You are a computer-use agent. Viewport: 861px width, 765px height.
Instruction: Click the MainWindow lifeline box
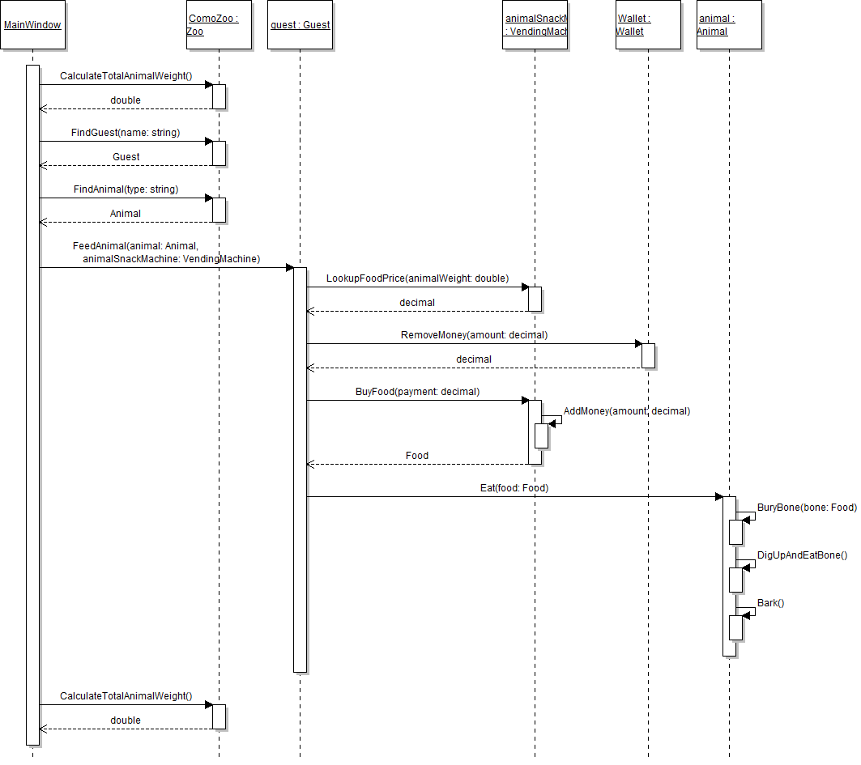32,25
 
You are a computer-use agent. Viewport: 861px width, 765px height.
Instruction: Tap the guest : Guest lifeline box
300,25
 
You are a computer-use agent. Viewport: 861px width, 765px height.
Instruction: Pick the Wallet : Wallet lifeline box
648,25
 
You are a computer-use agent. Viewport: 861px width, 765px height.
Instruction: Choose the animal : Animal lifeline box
729,25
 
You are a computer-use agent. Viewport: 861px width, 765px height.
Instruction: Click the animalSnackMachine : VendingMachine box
535,25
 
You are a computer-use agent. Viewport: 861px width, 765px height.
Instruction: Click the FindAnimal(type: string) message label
126,189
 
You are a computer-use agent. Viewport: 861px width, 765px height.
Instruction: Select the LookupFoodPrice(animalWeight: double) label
417,278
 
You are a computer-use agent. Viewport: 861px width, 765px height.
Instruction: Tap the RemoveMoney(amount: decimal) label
474,335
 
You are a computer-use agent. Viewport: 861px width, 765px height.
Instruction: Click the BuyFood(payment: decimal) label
417,392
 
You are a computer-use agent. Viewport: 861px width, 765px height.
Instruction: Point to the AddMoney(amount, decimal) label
626,411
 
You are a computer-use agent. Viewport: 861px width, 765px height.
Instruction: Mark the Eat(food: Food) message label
514,489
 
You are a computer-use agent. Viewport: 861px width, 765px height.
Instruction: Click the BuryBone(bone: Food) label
807,508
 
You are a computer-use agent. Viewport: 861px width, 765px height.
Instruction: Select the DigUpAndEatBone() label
802,555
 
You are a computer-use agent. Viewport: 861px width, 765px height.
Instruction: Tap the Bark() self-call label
770,603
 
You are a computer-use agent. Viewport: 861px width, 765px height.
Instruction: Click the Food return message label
417,456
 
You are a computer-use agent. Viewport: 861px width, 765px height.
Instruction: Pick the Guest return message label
126,157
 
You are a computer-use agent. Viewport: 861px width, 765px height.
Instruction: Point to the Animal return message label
126,214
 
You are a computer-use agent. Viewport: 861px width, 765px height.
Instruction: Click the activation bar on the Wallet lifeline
648,355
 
